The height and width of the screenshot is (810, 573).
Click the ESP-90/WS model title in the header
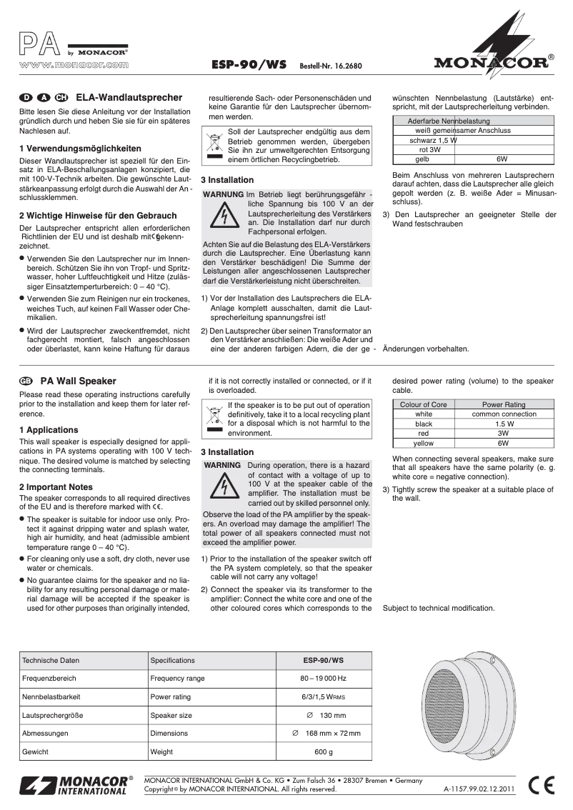point(249,64)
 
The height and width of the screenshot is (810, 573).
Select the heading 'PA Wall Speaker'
point(78,381)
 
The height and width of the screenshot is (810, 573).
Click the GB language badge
point(26,381)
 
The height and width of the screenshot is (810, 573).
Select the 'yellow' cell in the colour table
point(424,443)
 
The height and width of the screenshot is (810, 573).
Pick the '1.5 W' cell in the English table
point(503,424)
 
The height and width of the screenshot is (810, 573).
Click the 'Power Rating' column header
point(503,404)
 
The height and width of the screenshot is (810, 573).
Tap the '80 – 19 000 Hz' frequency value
point(323,678)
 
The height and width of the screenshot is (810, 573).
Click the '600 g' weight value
point(323,752)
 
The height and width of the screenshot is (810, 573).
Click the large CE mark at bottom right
point(544,785)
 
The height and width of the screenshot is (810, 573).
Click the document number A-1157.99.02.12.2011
point(479,789)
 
